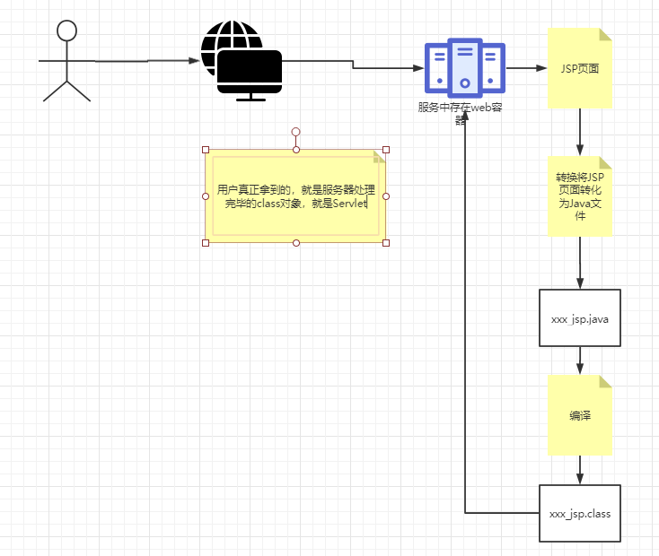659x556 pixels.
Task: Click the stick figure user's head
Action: [66, 30]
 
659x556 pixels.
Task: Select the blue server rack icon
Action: [465, 66]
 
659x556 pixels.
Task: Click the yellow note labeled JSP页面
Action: [580, 68]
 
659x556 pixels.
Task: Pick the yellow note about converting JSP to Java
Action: [580, 196]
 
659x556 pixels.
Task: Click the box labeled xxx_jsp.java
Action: [580, 317]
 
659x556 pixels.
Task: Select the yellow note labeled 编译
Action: [580, 415]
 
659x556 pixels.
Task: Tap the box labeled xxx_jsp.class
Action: [580, 513]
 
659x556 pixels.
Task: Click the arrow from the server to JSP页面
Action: [526, 68]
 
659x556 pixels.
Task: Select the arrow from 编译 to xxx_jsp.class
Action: [580, 469]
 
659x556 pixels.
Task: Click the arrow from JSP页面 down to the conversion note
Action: [580, 133]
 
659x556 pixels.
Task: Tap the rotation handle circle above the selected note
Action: [295, 132]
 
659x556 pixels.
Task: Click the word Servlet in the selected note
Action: [350, 204]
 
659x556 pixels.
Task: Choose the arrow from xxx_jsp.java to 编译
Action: [580, 361]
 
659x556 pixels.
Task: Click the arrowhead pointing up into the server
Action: [465, 122]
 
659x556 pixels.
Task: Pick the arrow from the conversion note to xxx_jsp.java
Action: [580, 262]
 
